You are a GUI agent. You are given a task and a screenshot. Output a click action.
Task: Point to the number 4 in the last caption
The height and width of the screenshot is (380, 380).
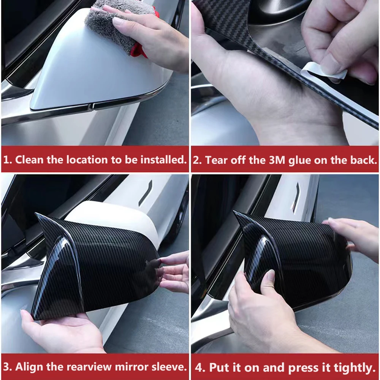point(198,367)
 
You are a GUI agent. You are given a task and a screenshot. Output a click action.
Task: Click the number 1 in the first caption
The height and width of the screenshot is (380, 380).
point(6,160)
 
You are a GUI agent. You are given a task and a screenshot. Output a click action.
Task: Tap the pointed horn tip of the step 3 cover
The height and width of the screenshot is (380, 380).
point(36,214)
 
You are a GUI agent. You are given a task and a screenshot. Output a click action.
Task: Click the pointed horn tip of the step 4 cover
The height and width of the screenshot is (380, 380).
point(235,212)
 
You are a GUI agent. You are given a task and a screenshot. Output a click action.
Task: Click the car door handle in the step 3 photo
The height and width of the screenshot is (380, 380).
point(145,193)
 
